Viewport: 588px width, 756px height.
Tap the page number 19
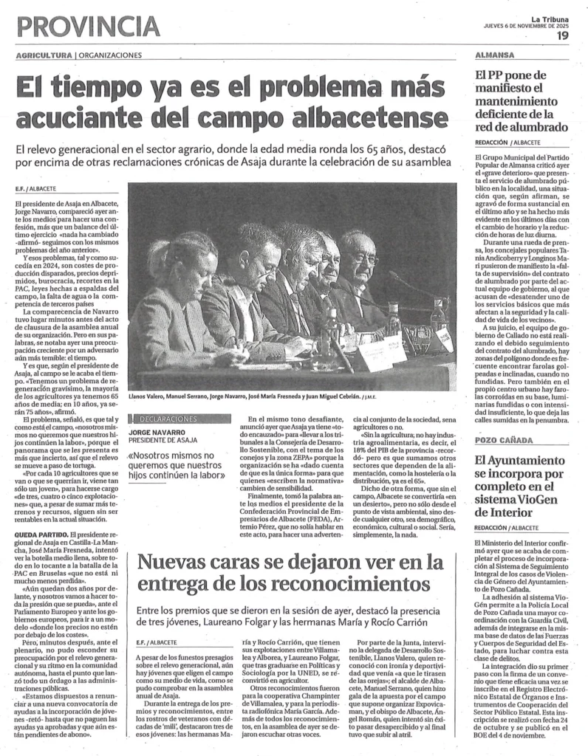(563, 34)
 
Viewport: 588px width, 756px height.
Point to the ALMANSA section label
(495, 55)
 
